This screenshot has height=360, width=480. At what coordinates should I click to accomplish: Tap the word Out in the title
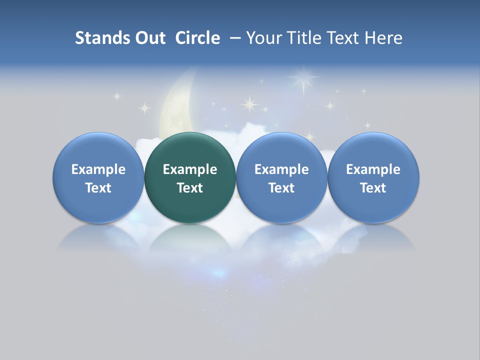click(x=149, y=38)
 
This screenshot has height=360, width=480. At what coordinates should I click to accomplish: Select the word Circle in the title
click(x=197, y=38)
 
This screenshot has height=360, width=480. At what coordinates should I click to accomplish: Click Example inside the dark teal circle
click(x=190, y=169)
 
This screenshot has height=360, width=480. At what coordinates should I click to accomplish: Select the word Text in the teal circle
click(x=190, y=188)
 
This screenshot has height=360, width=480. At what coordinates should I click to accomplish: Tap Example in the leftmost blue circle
click(x=98, y=169)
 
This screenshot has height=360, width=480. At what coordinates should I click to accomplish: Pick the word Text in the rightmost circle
click(x=373, y=188)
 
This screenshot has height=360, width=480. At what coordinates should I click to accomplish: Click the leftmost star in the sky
click(x=117, y=96)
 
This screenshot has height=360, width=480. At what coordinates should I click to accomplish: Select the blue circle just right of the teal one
click(x=281, y=177)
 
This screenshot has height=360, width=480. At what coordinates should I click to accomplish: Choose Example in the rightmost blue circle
click(x=373, y=169)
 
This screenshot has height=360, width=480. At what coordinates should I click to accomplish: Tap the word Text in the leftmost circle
click(x=98, y=188)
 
